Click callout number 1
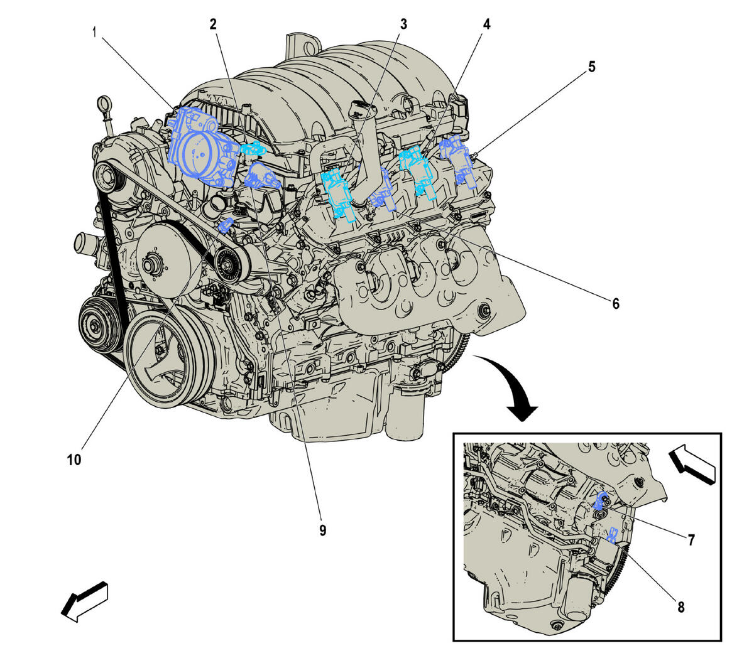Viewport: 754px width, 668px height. [x=95, y=31]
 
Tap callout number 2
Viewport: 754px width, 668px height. [x=213, y=24]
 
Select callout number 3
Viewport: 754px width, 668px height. [x=403, y=24]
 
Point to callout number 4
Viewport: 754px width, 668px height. [x=487, y=24]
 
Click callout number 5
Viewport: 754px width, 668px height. [x=591, y=67]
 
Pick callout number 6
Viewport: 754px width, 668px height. [x=616, y=304]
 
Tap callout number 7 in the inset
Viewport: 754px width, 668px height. [x=690, y=539]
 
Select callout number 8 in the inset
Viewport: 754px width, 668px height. [x=680, y=606]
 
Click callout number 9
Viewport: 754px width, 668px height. [x=322, y=531]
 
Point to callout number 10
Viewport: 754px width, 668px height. [x=74, y=460]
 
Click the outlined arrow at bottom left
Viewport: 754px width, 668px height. [x=85, y=601]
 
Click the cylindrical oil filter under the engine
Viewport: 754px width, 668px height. [x=405, y=414]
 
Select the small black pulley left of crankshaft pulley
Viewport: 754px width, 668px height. [x=99, y=325]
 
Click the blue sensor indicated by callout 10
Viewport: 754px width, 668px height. [x=226, y=224]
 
